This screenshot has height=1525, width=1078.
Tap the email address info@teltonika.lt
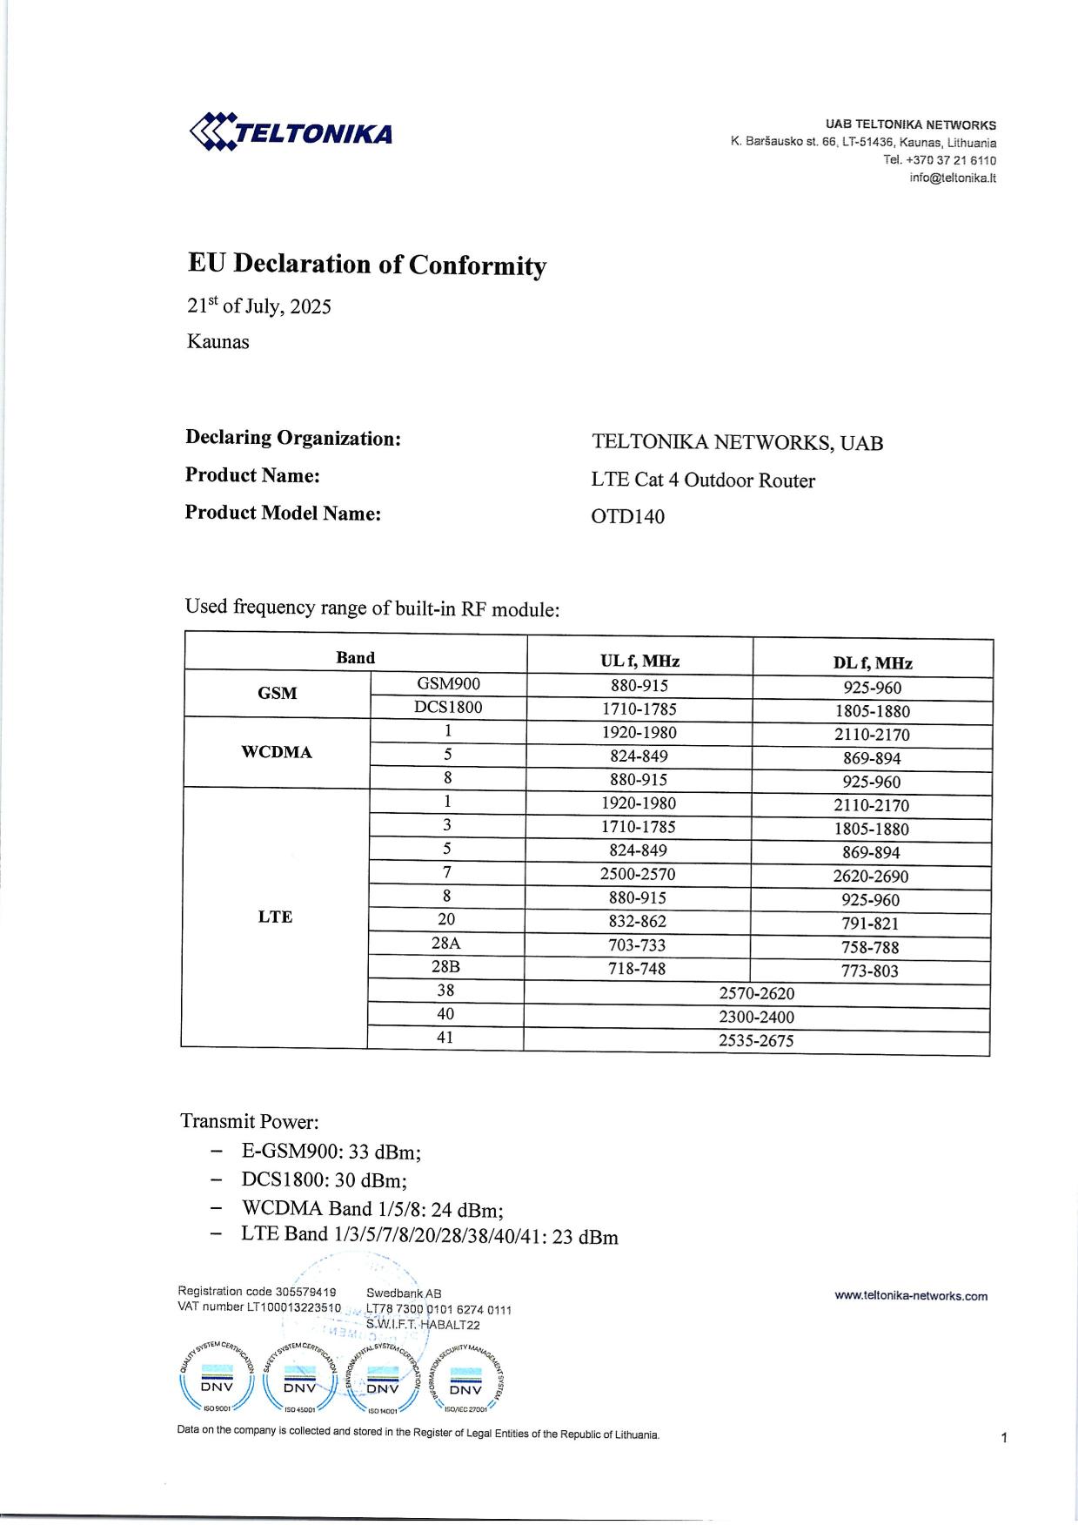pyautogui.click(x=953, y=178)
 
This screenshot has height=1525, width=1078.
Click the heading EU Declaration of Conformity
pyautogui.click(x=367, y=264)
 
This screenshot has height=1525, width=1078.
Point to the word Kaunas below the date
pyautogui.click(x=218, y=341)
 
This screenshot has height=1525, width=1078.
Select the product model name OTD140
pyautogui.click(x=627, y=517)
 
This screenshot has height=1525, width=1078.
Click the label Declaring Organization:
pyautogui.click(x=292, y=438)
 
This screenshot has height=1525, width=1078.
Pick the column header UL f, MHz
pyautogui.click(x=639, y=661)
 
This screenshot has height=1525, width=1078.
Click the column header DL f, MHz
pyautogui.click(x=872, y=663)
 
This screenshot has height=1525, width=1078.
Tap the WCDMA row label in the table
pyautogui.click(x=277, y=752)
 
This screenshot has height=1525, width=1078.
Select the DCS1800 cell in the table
pyautogui.click(x=448, y=707)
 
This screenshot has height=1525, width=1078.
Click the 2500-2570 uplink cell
pyautogui.click(x=638, y=874)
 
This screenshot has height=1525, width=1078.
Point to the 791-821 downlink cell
pyautogui.click(x=870, y=924)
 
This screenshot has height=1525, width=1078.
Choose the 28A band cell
pyautogui.click(x=445, y=943)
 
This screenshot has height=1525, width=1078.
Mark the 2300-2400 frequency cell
pyautogui.click(x=756, y=1017)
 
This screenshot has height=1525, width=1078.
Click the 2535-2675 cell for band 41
pyautogui.click(x=756, y=1040)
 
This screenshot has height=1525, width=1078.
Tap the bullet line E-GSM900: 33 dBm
pyautogui.click(x=331, y=1152)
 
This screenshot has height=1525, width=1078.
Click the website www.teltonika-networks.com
pyautogui.click(x=911, y=1296)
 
